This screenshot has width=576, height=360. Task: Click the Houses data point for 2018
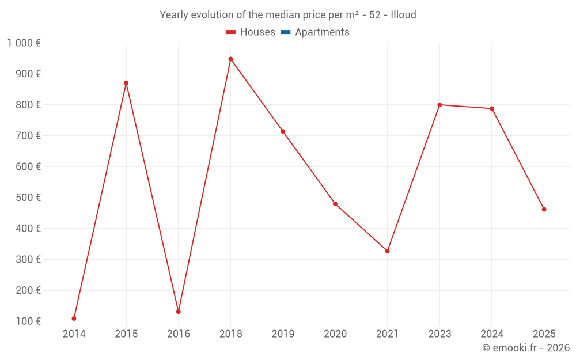[x=230, y=59]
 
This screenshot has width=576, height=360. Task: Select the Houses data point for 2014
[x=74, y=319]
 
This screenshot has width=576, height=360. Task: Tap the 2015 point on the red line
[x=126, y=83]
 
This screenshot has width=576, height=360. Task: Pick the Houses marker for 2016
[x=179, y=312]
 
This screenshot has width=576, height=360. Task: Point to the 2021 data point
[x=387, y=251]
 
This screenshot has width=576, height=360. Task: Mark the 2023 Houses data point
[x=439, y=105]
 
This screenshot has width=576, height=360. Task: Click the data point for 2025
[x=544, y=209]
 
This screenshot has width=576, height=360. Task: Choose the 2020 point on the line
[x=335, y=204]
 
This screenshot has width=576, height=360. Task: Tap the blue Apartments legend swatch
[x=285, y=32]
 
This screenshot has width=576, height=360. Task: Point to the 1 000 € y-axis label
[x=24, y=43]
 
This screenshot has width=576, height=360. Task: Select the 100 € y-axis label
[x=27, y=321]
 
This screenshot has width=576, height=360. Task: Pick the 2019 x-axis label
[x=283, y=334]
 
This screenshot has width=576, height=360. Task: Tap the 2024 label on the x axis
[x=492, y=334]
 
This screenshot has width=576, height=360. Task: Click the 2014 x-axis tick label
[x=74, y=334]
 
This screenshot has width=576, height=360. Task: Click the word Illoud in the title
[x=403, y=15]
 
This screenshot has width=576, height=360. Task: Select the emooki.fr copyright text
[x=526, y=348]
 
